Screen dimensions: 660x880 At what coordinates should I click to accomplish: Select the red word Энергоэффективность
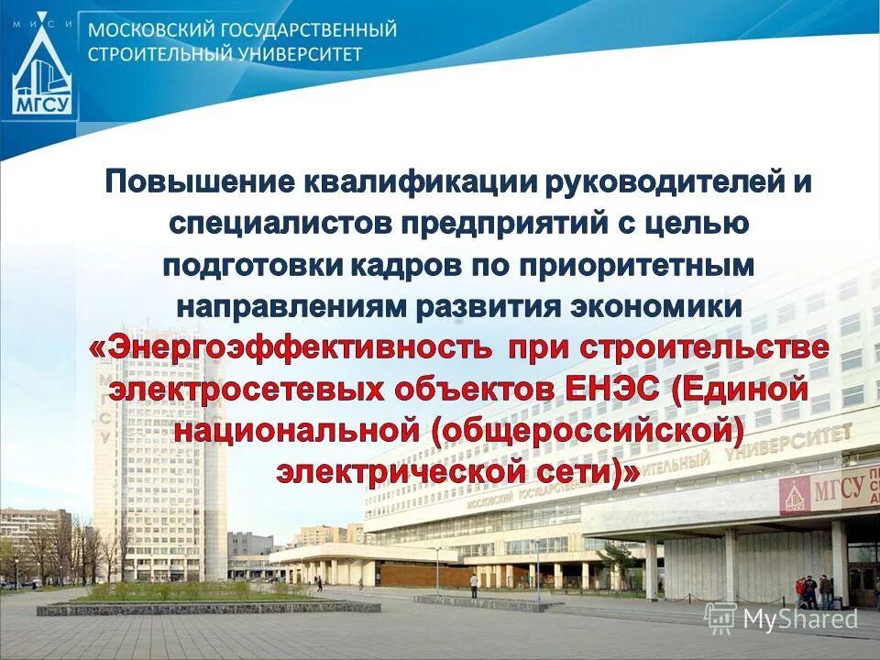click(x=291, y=349)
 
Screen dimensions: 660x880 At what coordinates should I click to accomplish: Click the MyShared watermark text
click(x=797, y=621)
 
